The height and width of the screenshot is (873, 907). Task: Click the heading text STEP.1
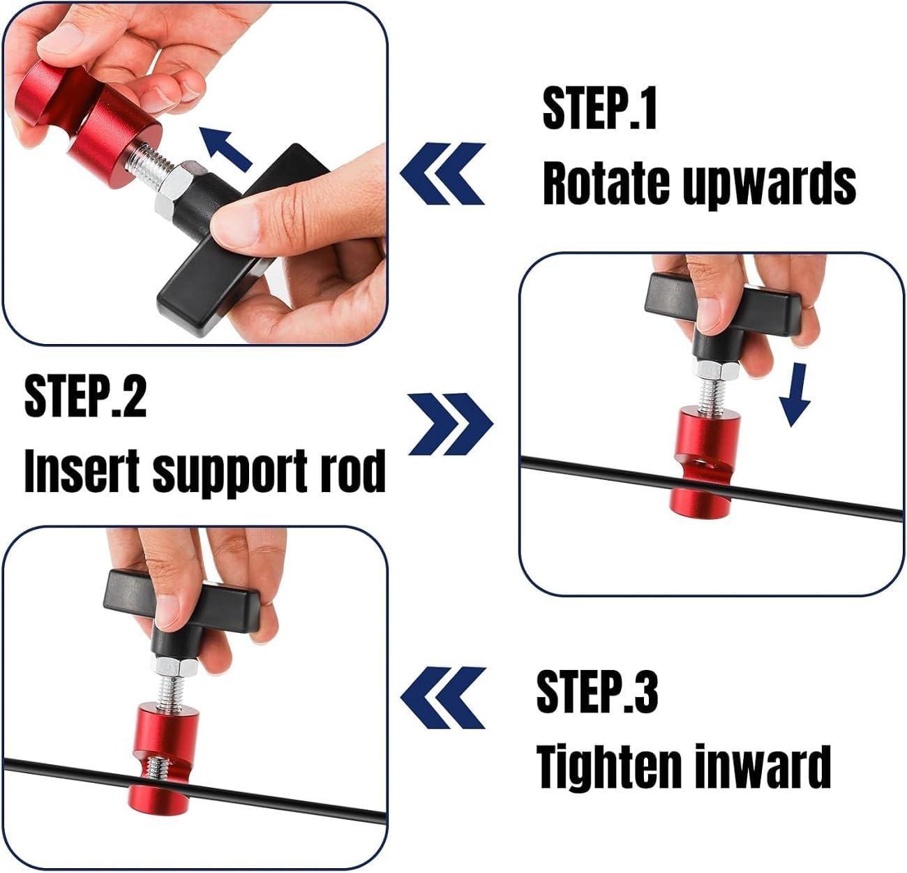click(x=599, y=109)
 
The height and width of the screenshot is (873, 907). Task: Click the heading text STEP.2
click(x=85, y=396)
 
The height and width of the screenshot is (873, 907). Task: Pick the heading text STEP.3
click(x=597, y=690)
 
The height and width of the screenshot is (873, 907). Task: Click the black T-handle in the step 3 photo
click(x=181, y=593)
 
